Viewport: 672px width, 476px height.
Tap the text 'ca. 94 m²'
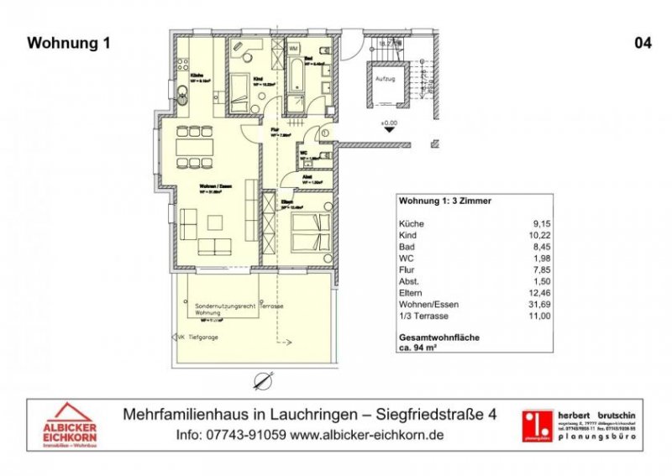pos(421,348)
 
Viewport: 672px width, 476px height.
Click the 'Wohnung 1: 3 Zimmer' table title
pos(444,201)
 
